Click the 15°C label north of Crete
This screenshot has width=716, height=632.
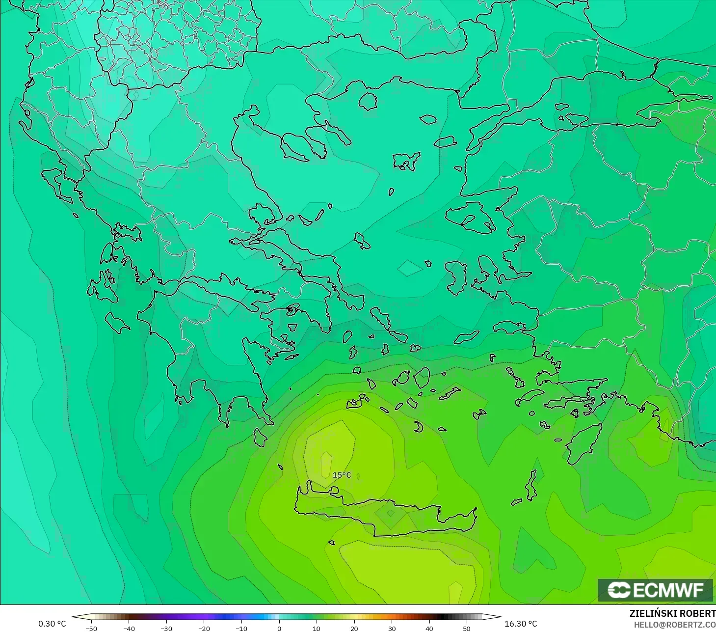[x=342, y=475]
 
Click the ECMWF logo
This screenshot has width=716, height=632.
[x=655, y=590]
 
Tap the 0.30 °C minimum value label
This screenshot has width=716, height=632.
[x=52, y=624]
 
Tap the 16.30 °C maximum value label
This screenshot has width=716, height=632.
[x=521, y=624]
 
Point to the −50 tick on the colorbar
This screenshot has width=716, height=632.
[x=91, y=628]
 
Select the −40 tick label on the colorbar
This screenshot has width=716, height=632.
[x=129, y=628]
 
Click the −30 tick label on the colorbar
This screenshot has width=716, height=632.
[x=166, y=628]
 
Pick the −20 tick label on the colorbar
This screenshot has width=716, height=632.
[x=204, y=628]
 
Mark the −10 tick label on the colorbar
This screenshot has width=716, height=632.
[x=241, y=628]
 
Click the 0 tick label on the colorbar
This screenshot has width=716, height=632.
[x=279, y=628]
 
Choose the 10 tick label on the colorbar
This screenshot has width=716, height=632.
[x=317, y=628]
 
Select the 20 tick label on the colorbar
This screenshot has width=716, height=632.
[x=354, y=628]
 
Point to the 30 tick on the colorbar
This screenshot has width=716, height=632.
[x=392, y=628]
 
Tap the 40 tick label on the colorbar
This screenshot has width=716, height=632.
[x=429, y=628]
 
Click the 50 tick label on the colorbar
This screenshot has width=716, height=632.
[x=466, y=628]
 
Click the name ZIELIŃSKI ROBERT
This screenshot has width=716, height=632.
[x=672, y=614]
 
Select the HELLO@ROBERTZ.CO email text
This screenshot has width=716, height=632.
[x=675, y=625]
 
